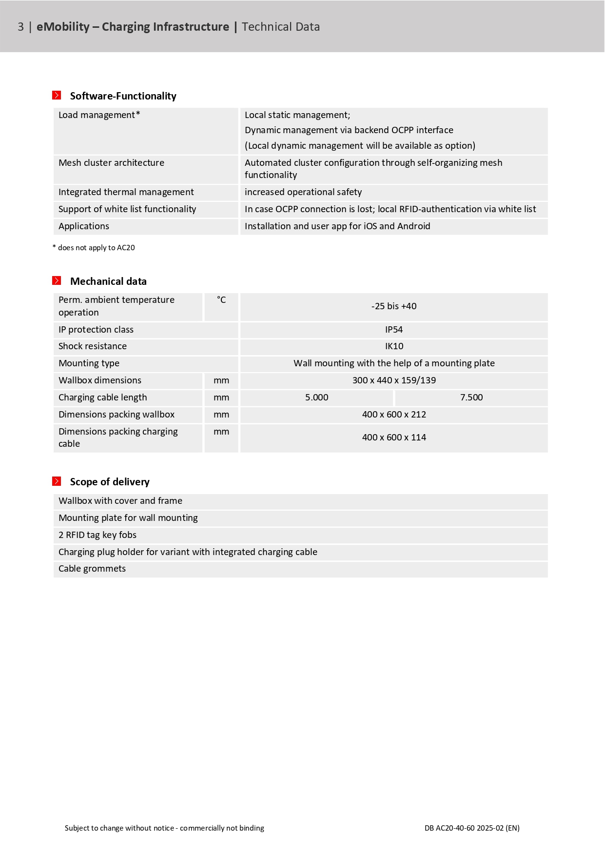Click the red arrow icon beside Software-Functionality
pos(57,95)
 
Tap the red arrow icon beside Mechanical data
pos(57,280)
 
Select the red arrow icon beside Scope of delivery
pos(57,481)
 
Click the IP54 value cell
pos(394,330)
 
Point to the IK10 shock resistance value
pos(394,346)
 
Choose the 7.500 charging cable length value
pos(471,398)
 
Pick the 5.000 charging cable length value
pos(317,398)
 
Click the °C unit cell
pos(221,300)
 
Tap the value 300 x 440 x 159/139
pos(394,380)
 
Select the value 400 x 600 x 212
pos(394,415)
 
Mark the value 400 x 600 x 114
pos(394,438)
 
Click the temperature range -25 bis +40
pos(394,306)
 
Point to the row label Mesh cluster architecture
pos(111,163)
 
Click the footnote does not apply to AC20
pos(96,248)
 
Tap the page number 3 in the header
pos(20,27)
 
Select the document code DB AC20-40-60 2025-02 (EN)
pos(472,828)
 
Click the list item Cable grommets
pos(92,569)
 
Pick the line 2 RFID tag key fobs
pos(98,535)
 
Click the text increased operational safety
pos(303,192)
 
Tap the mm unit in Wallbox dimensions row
pos(221,380)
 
